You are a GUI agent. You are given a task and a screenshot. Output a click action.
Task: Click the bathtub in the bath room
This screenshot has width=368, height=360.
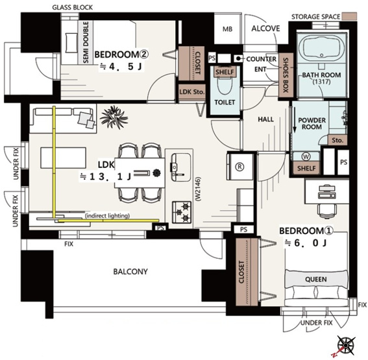coord(321,48)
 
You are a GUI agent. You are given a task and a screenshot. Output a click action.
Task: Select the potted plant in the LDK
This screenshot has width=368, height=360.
coord(114,117)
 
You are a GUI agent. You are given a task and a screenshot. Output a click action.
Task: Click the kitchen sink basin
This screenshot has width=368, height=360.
coord(180,167)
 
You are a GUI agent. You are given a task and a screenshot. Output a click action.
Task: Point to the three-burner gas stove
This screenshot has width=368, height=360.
coord(182,212)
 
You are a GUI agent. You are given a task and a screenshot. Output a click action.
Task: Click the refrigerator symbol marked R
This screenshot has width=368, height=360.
coord(239,167)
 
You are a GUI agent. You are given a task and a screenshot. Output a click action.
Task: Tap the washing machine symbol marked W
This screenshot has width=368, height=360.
coord(306,156)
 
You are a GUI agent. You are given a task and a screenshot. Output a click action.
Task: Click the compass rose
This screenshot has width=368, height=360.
coord(346,344)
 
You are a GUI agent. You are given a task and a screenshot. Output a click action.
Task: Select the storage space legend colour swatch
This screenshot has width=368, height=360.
coord(349,16)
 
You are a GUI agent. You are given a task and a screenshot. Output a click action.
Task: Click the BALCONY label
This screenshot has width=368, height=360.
coord(130,272)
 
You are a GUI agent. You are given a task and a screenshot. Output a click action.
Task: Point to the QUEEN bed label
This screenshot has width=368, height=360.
coord(316,280)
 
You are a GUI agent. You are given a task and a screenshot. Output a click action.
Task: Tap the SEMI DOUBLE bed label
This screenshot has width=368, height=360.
coord(86,42)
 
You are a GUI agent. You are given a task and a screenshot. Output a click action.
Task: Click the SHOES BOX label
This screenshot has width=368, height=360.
coord(286,75)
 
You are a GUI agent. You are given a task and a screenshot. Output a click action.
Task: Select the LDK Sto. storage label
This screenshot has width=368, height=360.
coord(192,92)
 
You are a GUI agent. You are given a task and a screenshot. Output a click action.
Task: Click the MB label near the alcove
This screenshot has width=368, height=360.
coord(227,29)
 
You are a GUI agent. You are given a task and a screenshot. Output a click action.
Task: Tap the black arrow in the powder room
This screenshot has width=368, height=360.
coord(294,119)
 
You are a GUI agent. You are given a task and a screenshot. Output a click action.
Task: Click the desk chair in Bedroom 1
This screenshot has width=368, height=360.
coord(327,211)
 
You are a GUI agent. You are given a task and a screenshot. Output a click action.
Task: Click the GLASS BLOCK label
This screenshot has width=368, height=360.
coord(72,8)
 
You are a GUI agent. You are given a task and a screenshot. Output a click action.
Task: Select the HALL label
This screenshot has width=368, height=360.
coord(265,119)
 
